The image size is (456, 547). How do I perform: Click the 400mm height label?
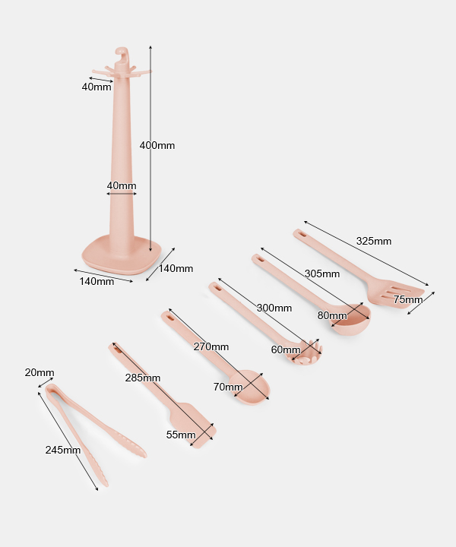tap(157, 145)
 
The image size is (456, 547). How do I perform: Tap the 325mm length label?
tap(374, 241)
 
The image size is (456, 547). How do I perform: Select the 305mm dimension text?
tap(322, 273)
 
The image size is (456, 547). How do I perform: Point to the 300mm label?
tap(274, 308)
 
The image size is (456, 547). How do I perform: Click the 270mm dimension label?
tap(211, 346)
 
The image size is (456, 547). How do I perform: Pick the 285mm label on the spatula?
tap(143, 378)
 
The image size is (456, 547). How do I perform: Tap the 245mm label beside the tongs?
tap(63, 450)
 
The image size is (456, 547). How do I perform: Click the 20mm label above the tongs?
tap(40, 372)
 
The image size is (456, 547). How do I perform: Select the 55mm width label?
tap(181, 435)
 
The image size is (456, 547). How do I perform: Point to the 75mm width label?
tap(408, 299)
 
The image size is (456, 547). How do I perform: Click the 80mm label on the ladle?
tap(332, 315)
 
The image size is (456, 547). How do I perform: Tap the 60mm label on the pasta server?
tap(286, 349)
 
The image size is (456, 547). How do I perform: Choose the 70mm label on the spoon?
tap(228, 387)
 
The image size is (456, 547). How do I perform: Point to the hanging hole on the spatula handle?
tap(116, 347)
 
